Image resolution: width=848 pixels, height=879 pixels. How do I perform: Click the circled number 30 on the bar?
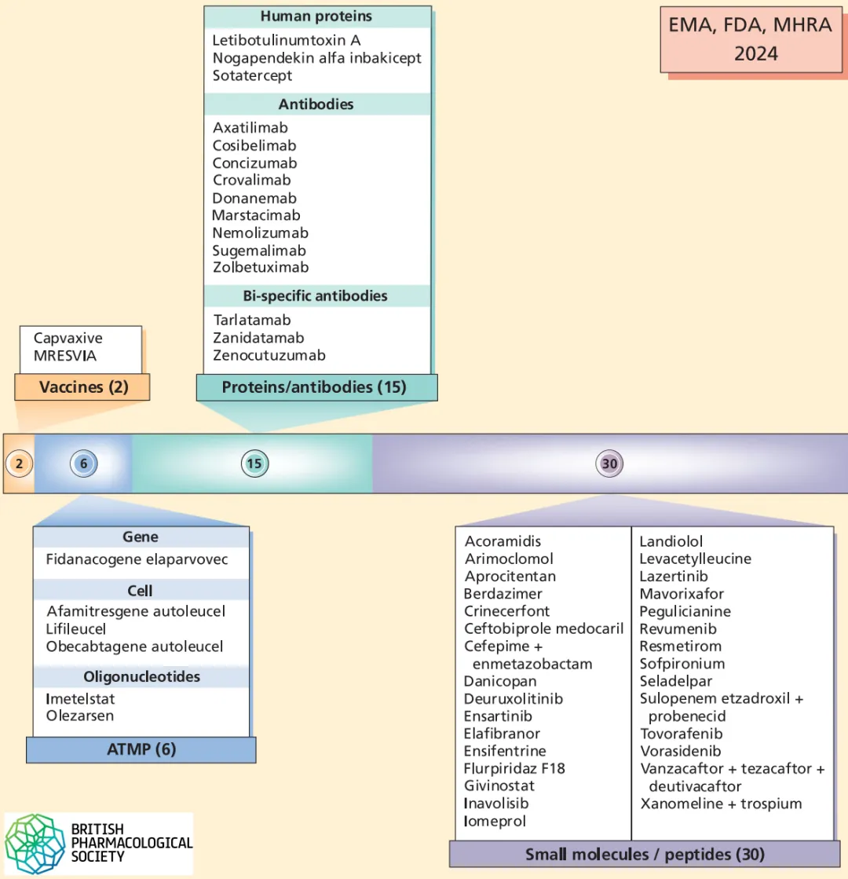click(609, 463)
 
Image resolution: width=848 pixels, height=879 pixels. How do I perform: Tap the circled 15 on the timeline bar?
click(254, 463)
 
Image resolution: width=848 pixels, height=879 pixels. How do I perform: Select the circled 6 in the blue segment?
click(83, 463)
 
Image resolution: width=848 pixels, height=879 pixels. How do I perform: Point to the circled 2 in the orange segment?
click(20, 463)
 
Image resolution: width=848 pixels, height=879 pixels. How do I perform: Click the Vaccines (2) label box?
click(82, 386)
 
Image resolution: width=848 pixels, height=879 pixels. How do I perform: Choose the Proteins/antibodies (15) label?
click(314, 386)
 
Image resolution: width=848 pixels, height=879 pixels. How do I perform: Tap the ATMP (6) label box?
click(141, 749)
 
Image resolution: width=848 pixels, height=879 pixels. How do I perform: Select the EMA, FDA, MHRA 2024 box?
click(750, 38)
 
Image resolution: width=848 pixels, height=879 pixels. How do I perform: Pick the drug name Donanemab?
click(254, 198)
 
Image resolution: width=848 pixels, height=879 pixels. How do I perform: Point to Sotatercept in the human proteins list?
click(252, 75)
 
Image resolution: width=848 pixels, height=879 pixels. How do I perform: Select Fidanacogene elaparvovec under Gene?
click(137, 559)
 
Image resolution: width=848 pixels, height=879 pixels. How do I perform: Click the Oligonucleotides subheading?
click(141, 676)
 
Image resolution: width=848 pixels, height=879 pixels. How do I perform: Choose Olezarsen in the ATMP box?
click(79, 715)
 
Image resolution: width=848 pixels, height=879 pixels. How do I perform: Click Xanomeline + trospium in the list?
click(721, 803)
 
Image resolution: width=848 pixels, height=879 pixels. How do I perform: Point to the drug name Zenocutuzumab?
click(269, 355)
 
